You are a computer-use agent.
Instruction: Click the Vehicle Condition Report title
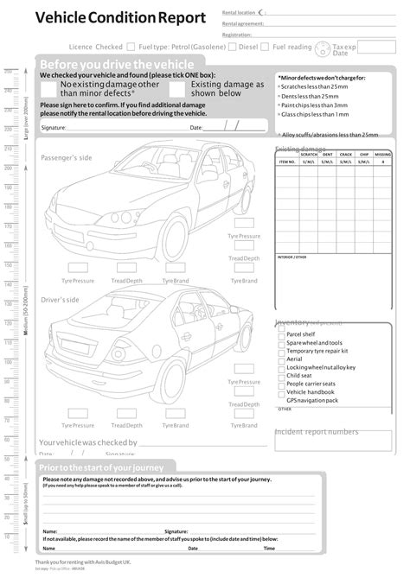120,17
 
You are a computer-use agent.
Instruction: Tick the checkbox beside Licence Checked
131,48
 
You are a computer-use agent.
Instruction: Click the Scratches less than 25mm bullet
317,87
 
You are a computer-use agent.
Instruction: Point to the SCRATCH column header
309,155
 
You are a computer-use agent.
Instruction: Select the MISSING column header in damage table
382,155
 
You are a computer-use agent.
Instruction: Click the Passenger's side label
67,158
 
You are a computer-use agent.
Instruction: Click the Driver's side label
61,300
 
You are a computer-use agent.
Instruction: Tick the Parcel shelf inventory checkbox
281,334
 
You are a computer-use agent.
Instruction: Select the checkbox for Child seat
281,376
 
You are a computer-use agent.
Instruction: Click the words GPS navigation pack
312,400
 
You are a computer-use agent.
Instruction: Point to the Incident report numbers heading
317,432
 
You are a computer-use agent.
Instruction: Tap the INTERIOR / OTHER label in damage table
291,257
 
